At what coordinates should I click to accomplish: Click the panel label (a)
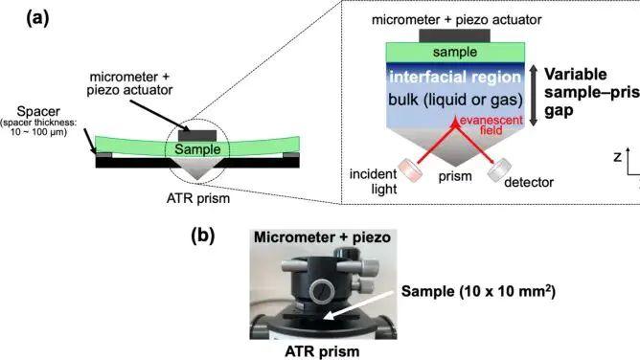pos(37,18)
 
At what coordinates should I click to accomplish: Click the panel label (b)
pos(203,236)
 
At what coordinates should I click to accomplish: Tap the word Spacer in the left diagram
pos(38,111)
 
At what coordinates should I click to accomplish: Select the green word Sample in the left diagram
pos(197,149)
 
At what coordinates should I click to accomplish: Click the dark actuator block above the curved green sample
pos(197,136)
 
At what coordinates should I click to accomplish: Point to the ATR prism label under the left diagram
pos(198,198)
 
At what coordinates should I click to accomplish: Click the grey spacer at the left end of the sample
pos(103,155)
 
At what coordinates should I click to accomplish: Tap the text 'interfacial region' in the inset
pos(455,77)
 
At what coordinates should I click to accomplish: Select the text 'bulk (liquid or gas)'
pos(455,100)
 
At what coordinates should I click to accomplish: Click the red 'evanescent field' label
pos(491,125)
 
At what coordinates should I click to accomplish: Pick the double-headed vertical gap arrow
pos(534,95)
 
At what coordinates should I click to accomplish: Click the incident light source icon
pos(410,170)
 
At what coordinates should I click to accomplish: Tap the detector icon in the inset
pos(500,169)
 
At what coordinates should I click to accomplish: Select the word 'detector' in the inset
pos(529,182)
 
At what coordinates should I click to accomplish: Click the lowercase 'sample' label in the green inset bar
pos(455,53)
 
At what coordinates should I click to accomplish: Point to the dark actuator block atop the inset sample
pos(455,35)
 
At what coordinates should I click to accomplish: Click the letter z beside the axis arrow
pos(618,157)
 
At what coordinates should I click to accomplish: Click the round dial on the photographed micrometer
pos(322,291)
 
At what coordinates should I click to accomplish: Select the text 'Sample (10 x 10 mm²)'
pos(478,291)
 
